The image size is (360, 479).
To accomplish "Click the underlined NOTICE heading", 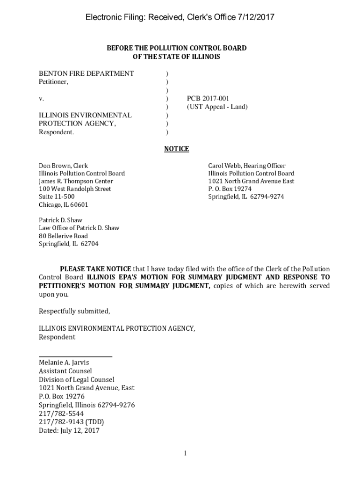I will click(177, 149).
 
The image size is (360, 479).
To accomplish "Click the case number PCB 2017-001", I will click(208, 99).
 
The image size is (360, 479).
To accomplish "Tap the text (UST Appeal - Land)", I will click(217, 107).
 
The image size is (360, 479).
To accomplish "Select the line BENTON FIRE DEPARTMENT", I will click(86, 73).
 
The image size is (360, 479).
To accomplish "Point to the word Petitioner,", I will click(53, 82).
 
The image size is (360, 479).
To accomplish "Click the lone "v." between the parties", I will click(42, 99).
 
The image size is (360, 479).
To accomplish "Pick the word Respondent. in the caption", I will click(56, 132).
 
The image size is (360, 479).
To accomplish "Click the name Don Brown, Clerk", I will click(63, 166).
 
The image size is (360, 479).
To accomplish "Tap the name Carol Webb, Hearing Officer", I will click(246, 166).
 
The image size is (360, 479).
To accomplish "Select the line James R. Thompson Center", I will click(76, 181).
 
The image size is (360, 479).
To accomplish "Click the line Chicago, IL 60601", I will click(64, 205).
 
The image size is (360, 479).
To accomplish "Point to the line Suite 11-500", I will click(57, 197).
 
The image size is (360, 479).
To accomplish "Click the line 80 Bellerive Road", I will click(63, 236).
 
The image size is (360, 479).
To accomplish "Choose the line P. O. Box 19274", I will click(230, 189).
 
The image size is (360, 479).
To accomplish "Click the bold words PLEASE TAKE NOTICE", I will click(95, 269).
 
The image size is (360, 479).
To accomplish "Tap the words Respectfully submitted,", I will click(74, 311).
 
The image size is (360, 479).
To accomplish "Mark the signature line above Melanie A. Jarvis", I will click(75, 357).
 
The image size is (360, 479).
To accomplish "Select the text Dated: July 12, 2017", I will click(69, 430).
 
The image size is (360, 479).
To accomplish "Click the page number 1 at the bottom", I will click(185, 453).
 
